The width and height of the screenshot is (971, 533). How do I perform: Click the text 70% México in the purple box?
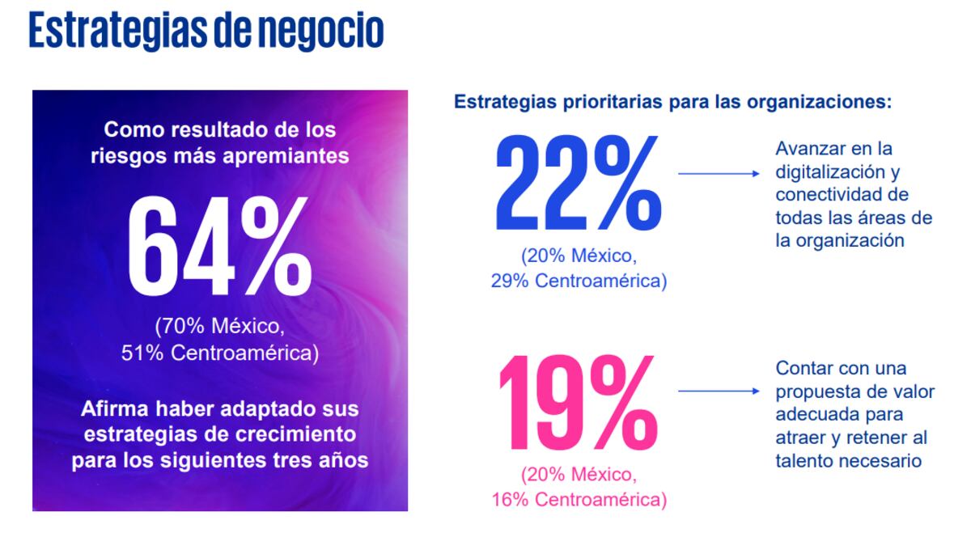[x=220, y=328]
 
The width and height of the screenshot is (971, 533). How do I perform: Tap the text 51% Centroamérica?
[x=220, y=353]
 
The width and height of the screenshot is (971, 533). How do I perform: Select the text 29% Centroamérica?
[x=579, y=281]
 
